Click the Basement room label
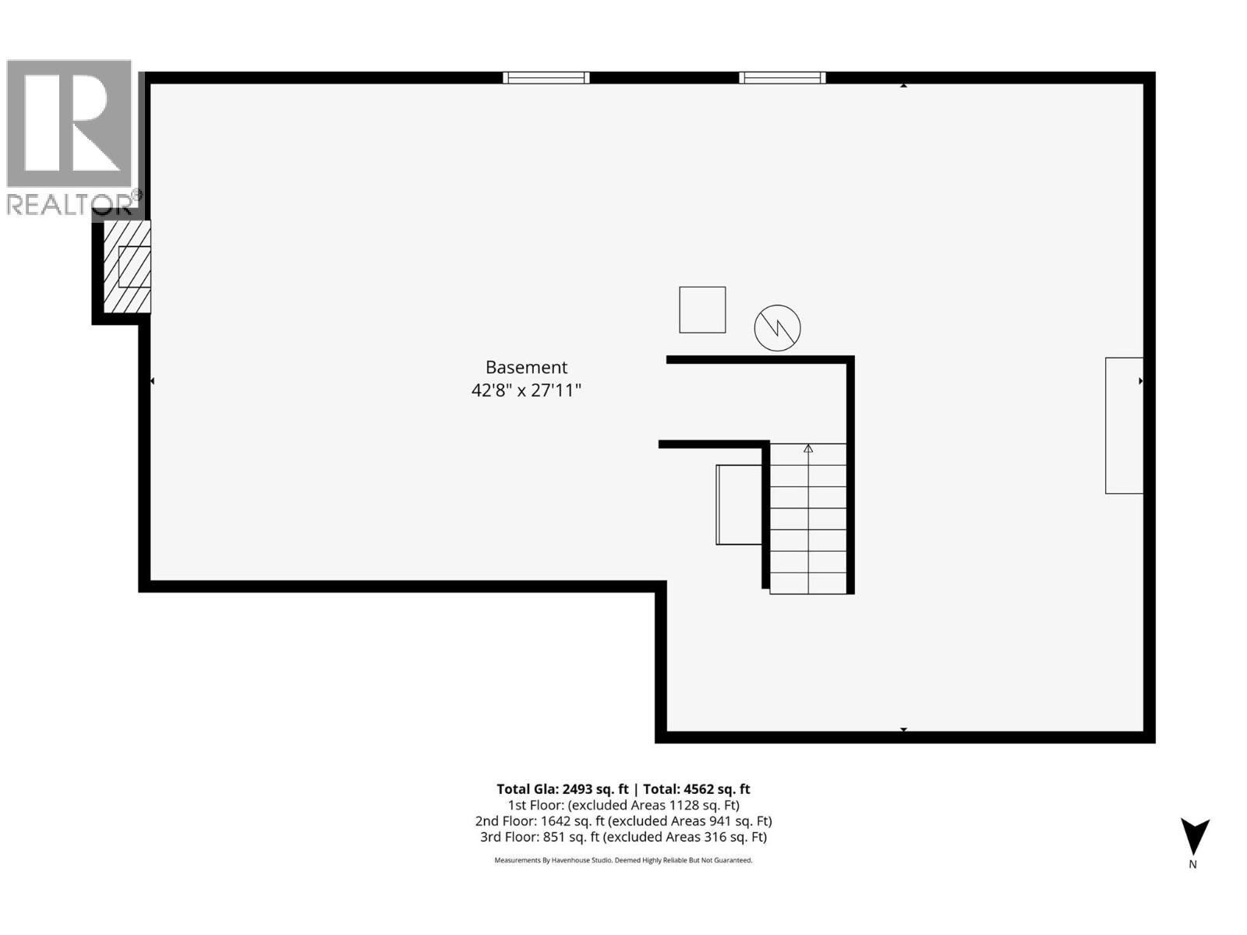tap(526, 367)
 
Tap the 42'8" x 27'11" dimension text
tap(526, 390)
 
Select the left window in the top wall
tap(546, 77)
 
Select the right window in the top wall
tap(782, 77)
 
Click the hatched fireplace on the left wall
tap(127, 266)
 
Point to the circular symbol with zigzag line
tap(777, 327)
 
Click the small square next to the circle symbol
tap(702, 310)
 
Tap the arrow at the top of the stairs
tap(808, 449)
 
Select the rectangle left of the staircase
tap(739, 505)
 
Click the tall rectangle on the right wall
tap(1124, 425)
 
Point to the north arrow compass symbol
tap(1194, 837)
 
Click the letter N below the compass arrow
tap(1192, 864)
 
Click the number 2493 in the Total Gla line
tap(578, 789)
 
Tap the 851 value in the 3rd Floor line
tap(556, 838)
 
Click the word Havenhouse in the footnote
tap(571, 861)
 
